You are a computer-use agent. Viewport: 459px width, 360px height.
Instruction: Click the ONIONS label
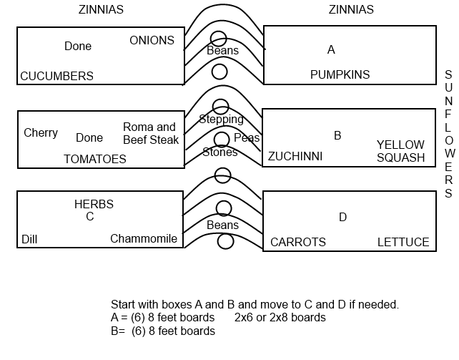tap(152, 40)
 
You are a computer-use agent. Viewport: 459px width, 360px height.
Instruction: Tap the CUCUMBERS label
tap(56, 76)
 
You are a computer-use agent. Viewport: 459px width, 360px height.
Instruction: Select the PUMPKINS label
tap(340, 74)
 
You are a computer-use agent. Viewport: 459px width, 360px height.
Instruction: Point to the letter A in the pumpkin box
tap(331, 50)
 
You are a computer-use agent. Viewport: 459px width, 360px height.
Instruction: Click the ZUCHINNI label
tap(295, 157)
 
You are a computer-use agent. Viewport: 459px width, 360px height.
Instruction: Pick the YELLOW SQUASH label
tap(400, 151)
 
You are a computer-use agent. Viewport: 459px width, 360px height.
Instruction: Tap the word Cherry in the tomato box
tap(41, 133)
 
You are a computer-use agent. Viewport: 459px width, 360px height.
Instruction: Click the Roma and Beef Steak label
tap(151, 133)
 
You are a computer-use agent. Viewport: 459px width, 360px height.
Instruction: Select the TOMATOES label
tap(95, 160)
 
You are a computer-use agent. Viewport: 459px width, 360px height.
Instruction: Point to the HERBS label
tap(94, 204)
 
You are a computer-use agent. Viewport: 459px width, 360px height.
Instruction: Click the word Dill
tap(29, 239)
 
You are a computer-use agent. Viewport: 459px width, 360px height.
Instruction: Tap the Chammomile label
tap(144, 239)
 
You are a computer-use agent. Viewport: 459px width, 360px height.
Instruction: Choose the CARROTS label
tap(298, 242)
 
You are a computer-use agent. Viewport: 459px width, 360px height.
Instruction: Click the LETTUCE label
tap(403, 242)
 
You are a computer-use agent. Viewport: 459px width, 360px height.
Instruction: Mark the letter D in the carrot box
tap(342, 217)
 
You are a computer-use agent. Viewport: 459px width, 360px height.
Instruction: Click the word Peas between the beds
tap(247, 137)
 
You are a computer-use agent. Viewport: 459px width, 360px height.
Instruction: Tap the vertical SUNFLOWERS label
tap(449, 134)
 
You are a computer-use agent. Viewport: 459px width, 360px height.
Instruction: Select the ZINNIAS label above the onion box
tap(101, 10)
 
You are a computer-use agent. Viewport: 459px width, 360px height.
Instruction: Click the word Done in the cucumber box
tap(78, 46)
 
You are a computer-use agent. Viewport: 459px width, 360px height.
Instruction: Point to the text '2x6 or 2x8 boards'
tap(280, 318)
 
